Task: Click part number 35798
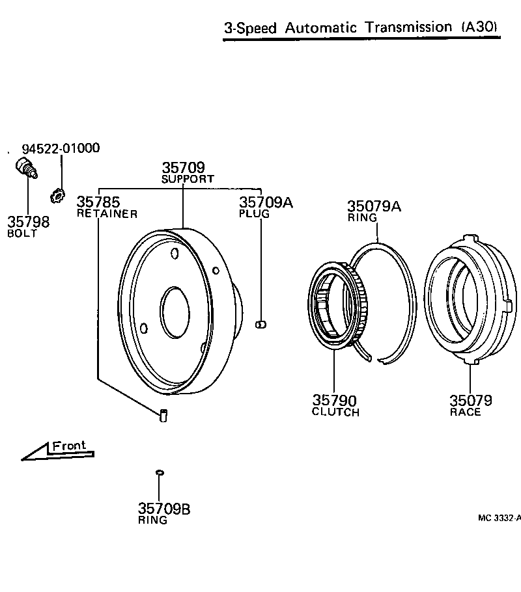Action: pos(28,222)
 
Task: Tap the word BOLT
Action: pos(22,234)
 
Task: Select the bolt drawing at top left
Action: pos(26,167)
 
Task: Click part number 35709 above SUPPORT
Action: pos(183,168)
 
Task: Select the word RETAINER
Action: pos(107,213)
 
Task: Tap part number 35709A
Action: pos(266,202)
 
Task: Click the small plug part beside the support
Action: pos(262,324)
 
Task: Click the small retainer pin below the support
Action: pos(163,414)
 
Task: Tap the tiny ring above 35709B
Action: pos(159,472)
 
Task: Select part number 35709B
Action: pos(164,509)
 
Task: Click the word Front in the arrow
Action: pos(68,446)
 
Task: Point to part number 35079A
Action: pos(374,206)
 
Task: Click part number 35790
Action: pos(334,401)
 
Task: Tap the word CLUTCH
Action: pos(335,412)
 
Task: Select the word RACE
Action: pos(465,412)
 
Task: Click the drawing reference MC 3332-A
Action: pos(499,518)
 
